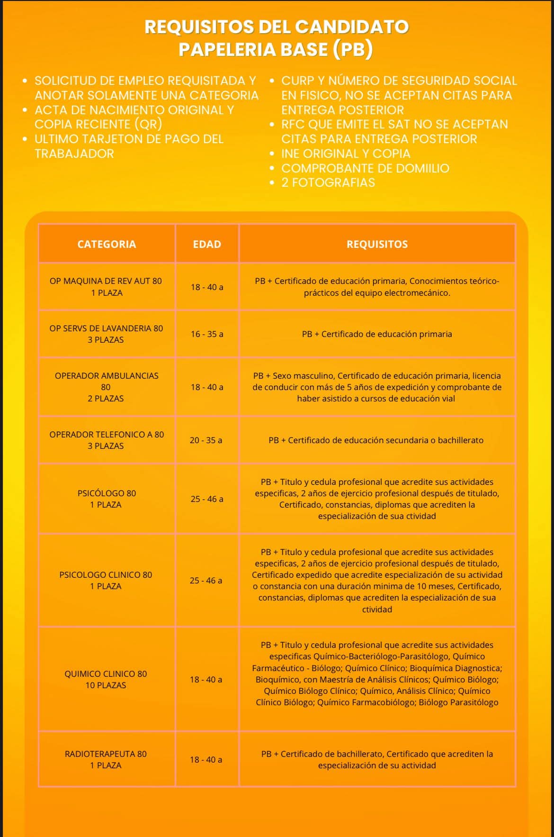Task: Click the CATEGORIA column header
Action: pyautogui.click(x=107, y=244)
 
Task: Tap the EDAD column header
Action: pyautogui.click(x=207, y=244)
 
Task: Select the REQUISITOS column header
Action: pyautogui.click(x=377, y=244)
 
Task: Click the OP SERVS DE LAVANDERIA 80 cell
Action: pyautogui.click(x=106, y=334)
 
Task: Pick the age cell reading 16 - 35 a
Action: pyautogui.click(x=207, y=334)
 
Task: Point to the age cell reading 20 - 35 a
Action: pyautogui.click(x=206, y=440)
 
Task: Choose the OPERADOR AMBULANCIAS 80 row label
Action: pyautogui.click(x=106, y=387)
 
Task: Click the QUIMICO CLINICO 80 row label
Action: pyautogui.click(x=106, y=679)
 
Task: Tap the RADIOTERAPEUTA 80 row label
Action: pyautogui.click(x=106, y=759)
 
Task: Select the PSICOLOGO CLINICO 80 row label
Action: pyautogui.click(x=106, y=580)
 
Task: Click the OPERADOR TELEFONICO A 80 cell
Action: pyautogui.click(x=107, y=440)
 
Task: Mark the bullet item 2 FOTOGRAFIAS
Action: pyautogui.click(x=328, y=183)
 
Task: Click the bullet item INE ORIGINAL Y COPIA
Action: pyautogui.click(x=346, y=154)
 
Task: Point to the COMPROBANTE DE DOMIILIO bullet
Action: pyautogui.click(x=365, y=168)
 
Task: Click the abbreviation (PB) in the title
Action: pyautogui.click(x=353, y=49)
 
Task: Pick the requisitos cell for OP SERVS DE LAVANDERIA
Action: pyautogui.click(x=377, y=334)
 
